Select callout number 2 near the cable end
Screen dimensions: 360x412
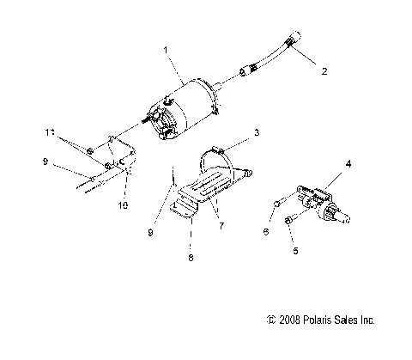(324, 72)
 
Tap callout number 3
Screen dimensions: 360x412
(255, 134)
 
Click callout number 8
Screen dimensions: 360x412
(190, 256)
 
